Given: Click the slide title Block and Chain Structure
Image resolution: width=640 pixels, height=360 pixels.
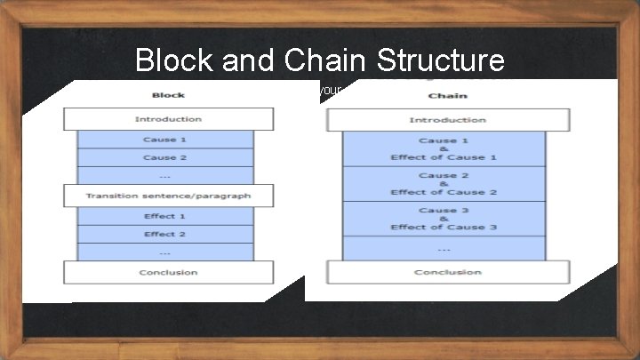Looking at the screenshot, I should (x=320, y=60).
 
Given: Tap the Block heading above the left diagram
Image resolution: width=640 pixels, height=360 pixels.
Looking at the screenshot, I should (x=168, y=95).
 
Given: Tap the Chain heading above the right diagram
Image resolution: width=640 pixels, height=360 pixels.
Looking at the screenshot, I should (x=447, y=96).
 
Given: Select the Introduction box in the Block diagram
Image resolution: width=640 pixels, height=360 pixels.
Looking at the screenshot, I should (x=168, y=119).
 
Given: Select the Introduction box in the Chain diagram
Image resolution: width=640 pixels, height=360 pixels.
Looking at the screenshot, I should (x=447, y=120).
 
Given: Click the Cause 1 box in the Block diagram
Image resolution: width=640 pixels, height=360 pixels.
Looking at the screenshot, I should (x=165, y=140).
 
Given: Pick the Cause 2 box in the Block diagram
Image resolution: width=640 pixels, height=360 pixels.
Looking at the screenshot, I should (x=165, y=157).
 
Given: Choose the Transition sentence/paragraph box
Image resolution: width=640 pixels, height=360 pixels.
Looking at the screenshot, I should (x=168, y=196).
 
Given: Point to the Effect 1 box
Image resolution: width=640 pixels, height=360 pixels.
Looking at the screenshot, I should (x=165, y=216).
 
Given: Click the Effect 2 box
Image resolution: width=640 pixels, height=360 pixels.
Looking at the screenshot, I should (x=165, y=234).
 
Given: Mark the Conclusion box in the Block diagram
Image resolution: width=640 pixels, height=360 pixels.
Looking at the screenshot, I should (x=168, y=272).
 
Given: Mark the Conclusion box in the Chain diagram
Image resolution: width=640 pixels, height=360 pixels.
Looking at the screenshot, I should (x=447, y=272).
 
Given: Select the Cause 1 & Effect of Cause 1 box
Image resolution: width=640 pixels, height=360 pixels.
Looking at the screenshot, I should (x=444, y=148).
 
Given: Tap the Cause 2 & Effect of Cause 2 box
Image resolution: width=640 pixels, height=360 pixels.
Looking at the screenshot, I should (x=444, y=184).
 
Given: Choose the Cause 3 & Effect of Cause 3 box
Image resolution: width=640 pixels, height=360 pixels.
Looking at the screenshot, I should (x=444, y=219).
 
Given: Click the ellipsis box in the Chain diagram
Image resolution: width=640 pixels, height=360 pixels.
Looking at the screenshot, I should (x=444, y=249).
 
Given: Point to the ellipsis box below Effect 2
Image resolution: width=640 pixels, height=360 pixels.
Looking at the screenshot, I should (x=165, y=252).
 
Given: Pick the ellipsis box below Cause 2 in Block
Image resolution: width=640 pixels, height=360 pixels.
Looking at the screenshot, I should (x=165, y=175).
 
